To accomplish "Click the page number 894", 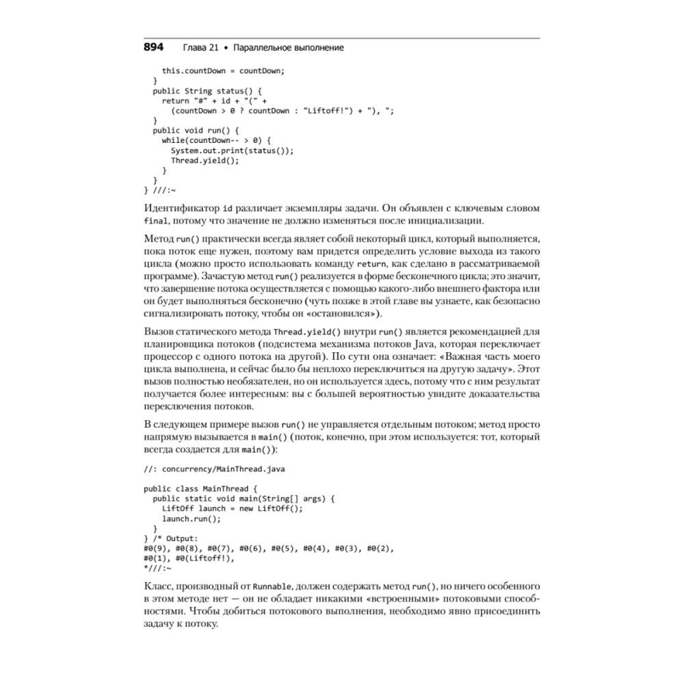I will pyautogui.click(x=153, y=48).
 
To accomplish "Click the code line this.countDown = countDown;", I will pyautogui.click(x=222, y=70).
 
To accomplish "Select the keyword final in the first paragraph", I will pyautogui.click(x=155, y=221).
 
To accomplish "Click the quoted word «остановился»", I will pyautogui.click(x=343, y=314).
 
